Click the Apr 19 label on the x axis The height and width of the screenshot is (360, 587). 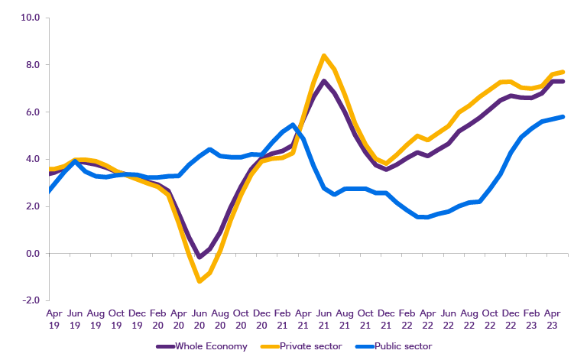[x=54, y=318]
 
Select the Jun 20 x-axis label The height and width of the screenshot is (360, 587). [x=199, y=318]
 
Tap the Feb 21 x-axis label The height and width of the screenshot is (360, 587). [x=282, y=318]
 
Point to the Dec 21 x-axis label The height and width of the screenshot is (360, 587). [x=386, y=318]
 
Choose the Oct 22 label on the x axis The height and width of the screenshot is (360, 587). [x=489, y=318]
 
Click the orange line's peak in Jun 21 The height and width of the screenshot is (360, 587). [x=324, y=55]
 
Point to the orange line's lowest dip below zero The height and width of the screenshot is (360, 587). [x=199, y=281]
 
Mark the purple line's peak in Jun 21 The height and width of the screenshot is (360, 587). [x=324, y=80]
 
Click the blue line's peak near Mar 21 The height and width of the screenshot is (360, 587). [x=293, y=125]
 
